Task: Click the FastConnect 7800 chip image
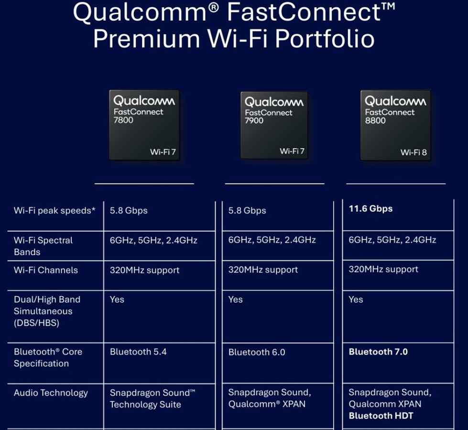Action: tap(144, 125)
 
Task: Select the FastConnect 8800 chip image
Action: tap(395, 125)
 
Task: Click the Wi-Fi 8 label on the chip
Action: tap(414, 152)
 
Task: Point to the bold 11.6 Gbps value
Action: tap(370, 209)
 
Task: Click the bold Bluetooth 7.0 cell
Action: tap(378, 352)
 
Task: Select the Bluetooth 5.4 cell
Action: tap(138, 352)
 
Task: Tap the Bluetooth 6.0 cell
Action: tap(257, 352)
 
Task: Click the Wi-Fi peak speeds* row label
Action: tap(54, 210)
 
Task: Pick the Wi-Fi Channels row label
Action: tap(45, 270)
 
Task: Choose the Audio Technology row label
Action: tap(51, 393)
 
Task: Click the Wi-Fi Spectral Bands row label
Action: tap(43, 246)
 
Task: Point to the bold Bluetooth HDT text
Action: tap(381, 416)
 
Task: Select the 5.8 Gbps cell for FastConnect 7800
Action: tap(129, 210)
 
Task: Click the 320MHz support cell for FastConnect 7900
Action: tap(263, 269)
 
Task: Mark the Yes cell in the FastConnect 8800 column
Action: tap(356, 300)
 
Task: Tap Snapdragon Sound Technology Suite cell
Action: tap(152, 398)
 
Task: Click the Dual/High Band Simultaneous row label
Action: tap(47, 311)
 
